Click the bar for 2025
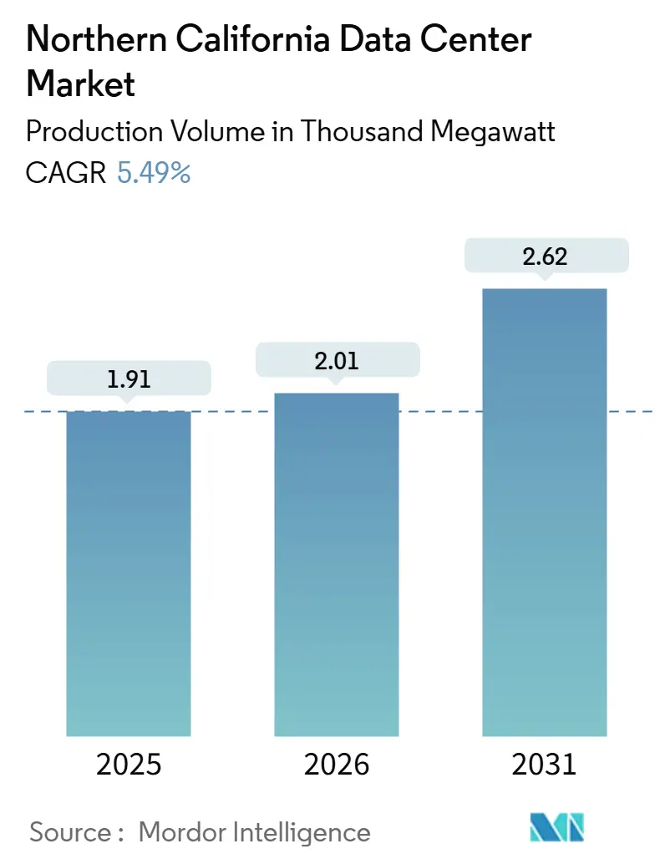[x=129, y=573]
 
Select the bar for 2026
[x=337, y=564]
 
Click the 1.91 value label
[x=129, y=378]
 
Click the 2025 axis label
[x=129, y=765]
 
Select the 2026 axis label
[x=337, y=765]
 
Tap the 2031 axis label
[x=544, y=765]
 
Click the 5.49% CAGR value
[x=154, y=173]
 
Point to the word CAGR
[x=66, y=173]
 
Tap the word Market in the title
[x=81, y=84]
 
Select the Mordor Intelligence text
[x=254, y=831]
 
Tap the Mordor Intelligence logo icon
[x=557, y=827]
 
